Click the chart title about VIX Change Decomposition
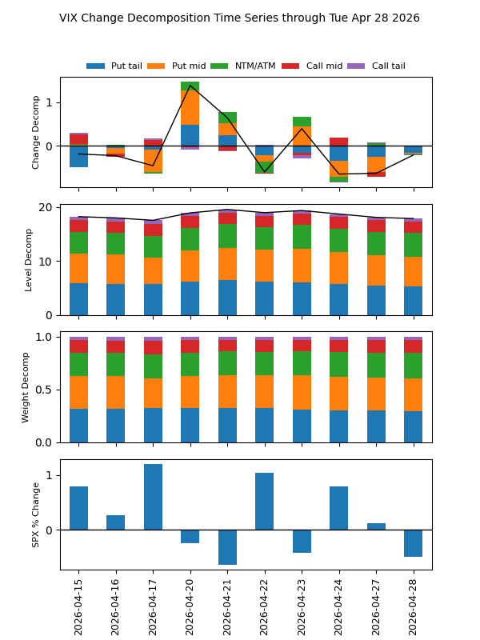[x=239, y=18]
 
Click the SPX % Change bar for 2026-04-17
[x=153, y=497]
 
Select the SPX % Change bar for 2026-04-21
[x=227, y=547]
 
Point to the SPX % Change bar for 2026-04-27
[x=376, y=526]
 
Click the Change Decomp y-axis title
[x=36, y=132]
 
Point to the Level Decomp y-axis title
[x=29, y=259]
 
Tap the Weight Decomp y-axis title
[x=26, y=386]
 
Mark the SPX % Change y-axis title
[x=36, y=514]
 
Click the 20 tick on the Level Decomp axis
[x=46, y=207]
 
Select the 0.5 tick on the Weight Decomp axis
[x=45, y=390]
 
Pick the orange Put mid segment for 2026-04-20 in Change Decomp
[x=190, y=107]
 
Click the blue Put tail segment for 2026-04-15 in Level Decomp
[x=78, y=298]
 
